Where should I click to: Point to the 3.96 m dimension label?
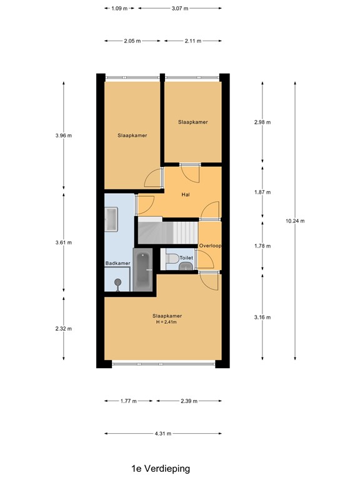(x=64, y=135)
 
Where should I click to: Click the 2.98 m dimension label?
(x=262, y=122)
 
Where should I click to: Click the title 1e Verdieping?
(x=160, y=468)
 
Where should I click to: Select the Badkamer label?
(x=117, y=263)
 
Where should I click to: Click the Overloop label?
(x=210, y=246)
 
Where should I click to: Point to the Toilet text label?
(x=186, y=257)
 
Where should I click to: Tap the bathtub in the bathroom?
(x=144, y=269)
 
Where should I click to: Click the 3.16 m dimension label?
(x=262, y=317)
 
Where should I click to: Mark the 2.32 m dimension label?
(x=64, y=328)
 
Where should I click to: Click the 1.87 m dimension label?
(x=262, y=192)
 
